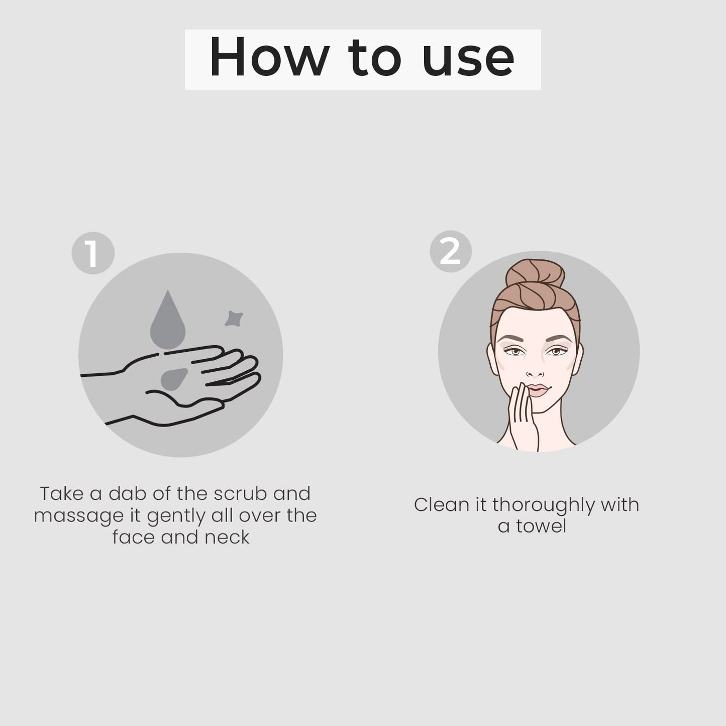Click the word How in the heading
pyautogui.click(x=269, y=58)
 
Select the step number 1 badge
pyautogui.click(x=93, y=253)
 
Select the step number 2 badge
pyautogui.click(x=451, y=251)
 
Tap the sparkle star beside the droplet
pyautogui.click(x=234, y=319)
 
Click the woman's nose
pyautogui.click(x=535, y=369)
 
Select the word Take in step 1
pyautogui.click(x=62, y=494)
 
